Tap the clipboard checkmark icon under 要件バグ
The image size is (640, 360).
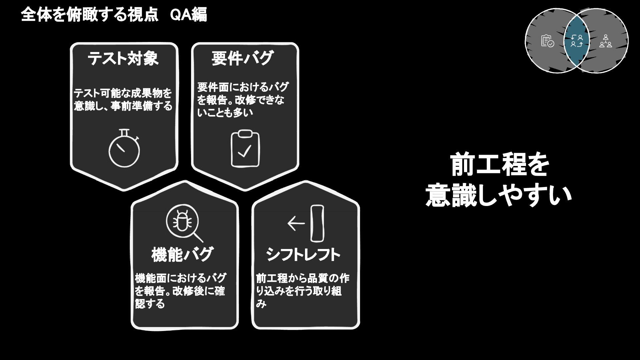[x=245, y=149]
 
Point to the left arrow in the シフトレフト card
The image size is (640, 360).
[x=296, y=223]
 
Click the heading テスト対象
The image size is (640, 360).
[x=123, y=59]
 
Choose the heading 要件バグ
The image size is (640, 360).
[x=242, y=59]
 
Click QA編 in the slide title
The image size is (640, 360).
[x=188, y=15]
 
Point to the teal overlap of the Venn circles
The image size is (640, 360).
[x=577, y=41]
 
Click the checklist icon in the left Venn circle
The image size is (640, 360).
[x=547, y=41]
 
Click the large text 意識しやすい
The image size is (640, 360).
[x=499, y=195]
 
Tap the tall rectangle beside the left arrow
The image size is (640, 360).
[x=317, y=223]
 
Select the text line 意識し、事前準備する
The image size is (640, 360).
[x=123, y=106]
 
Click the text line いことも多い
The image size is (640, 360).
[x=225, y=113]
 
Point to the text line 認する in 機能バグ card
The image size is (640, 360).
[x=150, y=304]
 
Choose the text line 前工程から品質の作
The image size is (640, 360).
[x=303, y=278]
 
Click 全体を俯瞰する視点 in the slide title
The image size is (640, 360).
[x=89, y=15]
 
